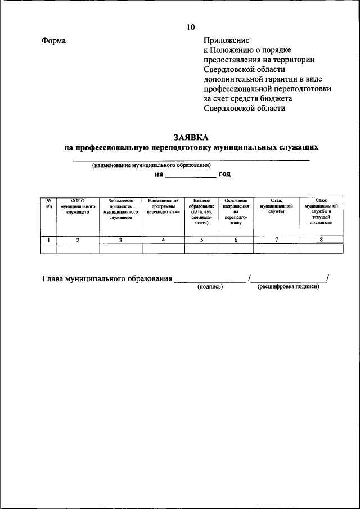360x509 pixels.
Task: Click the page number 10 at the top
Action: tap(190, 27)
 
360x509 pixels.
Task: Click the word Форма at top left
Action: tap(53, 41)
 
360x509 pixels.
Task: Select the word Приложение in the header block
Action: tap(226, 41)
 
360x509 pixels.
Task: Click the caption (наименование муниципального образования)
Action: tap(151, 166)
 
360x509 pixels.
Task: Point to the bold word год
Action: tap(225, 174)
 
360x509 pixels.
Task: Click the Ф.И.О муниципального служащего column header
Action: tap(78, 206)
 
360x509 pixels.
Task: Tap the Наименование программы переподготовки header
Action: tap(163, 206)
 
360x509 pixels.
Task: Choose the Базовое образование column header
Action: tap(201, 211)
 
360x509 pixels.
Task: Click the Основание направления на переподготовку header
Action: tap(236, 211)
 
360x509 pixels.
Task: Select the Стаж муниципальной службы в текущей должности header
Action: tap(321, 211)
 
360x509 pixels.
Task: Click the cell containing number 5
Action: tap(201, 240)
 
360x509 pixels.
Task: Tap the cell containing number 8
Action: tap(321, 240)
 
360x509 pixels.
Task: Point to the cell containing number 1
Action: tap(49, 240)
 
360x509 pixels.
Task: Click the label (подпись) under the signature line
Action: tap(210, 287)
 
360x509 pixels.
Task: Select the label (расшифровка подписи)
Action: tap(289, 287)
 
